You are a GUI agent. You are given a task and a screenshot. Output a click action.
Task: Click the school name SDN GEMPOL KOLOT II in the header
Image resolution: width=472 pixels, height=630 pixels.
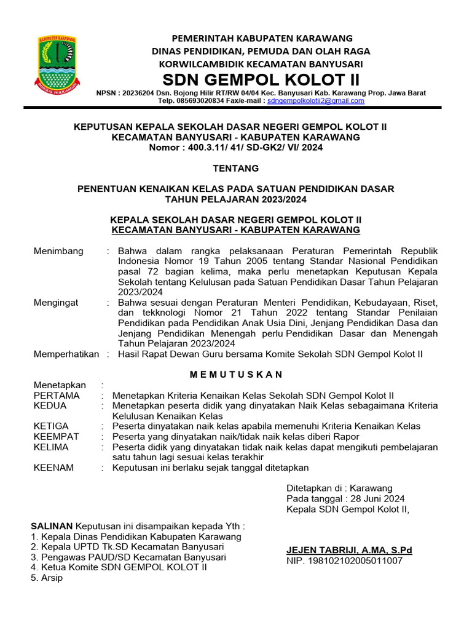pyautogui.click(x=261, y=80)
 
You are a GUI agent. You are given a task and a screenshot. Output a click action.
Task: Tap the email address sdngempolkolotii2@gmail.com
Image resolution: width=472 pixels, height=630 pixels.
pyautogui.click(x=316, y=100)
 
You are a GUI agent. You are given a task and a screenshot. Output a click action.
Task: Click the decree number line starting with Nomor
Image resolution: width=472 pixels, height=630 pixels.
pyautogui.click(x=236, y=147)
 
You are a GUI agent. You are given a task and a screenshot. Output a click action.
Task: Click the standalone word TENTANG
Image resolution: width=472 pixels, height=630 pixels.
pyautogui.click(x=236, y=168)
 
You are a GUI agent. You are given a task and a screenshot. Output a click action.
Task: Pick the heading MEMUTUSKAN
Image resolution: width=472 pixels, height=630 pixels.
pyautogui.click(x=236, y=374)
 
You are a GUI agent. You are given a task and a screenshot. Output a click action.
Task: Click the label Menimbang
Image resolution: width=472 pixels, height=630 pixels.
pyautogui.click(x=56, y=252)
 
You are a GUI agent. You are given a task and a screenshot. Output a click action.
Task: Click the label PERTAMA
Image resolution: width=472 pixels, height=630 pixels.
pyautogui.click(x=57, y=395)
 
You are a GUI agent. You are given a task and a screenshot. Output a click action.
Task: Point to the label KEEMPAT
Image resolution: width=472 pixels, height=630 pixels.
pyautogui.click(x=57, y=436)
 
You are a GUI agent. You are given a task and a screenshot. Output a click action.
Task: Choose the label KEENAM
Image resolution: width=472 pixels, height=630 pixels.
pyautogui.click(x=53, y=468)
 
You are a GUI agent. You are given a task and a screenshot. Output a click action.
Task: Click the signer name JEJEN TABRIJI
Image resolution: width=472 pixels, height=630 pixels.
pyautogui.click(x=322, y=550)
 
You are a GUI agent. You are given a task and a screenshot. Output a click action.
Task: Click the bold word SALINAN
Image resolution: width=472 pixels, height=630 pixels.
pyautogui.click(x=52, y=526)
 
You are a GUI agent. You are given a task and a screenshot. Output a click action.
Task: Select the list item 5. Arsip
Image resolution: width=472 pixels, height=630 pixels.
pyautogui.click(x=47, y=578)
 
